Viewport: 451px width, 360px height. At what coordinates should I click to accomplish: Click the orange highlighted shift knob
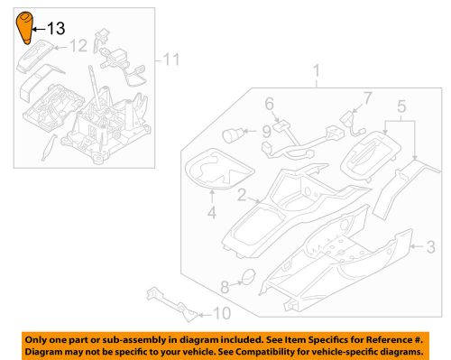point(24,28)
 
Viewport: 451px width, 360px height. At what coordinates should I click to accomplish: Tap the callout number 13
point(56,29)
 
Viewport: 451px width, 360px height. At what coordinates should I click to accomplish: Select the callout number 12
point(78,46)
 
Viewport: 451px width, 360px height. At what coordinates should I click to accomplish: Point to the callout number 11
point(171,60)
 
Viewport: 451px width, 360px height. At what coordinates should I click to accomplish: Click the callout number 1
point(317,71)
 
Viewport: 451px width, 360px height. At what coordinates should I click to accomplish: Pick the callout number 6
point(270,104)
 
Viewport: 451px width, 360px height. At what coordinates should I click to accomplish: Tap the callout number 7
point(368,98)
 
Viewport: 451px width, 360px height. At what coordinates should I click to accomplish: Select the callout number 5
point(401,106)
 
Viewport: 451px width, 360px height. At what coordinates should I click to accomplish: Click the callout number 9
point(267,132)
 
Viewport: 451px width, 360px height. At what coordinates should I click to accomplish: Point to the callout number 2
point(242,195)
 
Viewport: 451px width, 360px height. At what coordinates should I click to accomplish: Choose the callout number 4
point(212,212)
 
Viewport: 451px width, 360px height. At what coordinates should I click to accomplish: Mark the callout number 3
point(431,246)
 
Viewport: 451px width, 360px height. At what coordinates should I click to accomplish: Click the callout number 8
point(225,287)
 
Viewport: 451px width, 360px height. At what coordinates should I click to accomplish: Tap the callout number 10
point(222,313)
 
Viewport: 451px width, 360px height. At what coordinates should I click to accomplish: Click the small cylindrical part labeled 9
point(232,135)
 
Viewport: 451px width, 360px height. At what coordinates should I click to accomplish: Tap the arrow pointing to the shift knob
point(38,29)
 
